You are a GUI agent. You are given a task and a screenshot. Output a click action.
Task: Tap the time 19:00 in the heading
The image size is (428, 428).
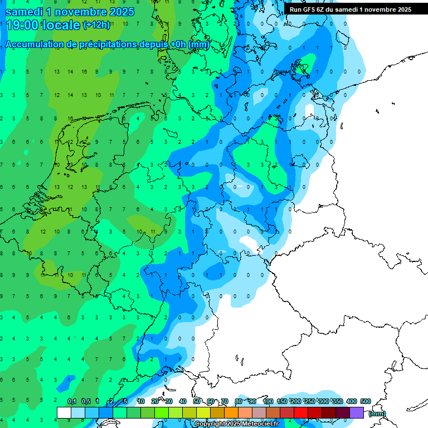coord(22,25)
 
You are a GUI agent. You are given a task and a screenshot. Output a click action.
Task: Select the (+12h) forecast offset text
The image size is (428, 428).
coord(96,25)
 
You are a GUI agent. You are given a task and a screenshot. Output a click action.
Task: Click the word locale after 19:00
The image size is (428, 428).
coord(61,25)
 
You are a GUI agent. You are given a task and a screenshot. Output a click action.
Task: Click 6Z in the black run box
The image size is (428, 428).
coord(324,9)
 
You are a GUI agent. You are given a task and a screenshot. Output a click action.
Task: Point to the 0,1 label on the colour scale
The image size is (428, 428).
coord(71,401)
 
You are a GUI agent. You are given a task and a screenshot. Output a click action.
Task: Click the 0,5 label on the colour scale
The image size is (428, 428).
coord(86,401)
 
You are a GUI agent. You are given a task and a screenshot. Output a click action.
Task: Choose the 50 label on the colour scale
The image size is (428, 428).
coord(197,401)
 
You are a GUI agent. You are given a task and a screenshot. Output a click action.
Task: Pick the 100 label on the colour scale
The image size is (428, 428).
coord(267,401)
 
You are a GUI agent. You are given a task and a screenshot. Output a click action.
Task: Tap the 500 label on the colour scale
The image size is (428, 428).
coord(366,401)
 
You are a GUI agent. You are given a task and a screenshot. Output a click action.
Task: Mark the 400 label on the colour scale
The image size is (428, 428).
coord(351,401)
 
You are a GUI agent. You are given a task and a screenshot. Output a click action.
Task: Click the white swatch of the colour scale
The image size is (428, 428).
coord(64,412)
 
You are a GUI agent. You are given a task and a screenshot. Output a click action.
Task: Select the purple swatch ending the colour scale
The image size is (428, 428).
coord(357,412)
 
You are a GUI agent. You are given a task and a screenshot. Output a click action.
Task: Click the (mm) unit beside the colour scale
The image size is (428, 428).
coord(377,414)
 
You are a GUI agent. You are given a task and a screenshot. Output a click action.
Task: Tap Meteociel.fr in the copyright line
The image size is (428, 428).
coord(260,424)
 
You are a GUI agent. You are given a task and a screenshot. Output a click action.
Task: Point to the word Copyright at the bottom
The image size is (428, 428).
coord(209,424)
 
